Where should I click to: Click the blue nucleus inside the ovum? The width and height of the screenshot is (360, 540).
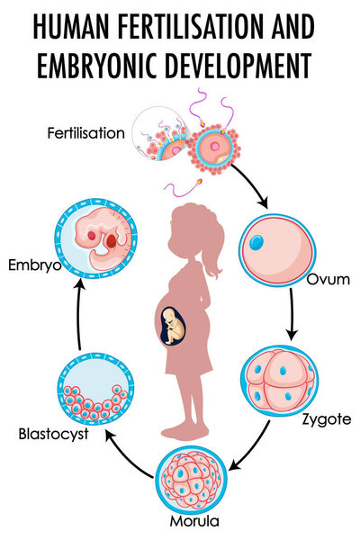tap(256, 242)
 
